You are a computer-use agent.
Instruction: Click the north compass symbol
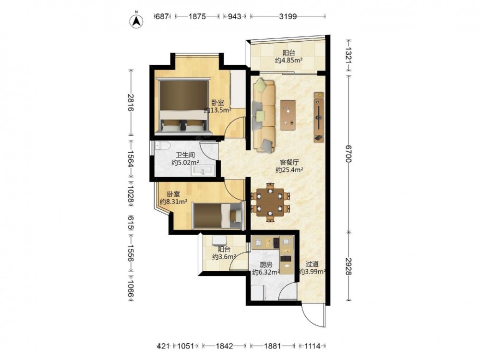tap(137, 20)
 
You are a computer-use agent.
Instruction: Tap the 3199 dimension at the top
tap(288, 16)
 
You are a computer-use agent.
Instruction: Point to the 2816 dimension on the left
tap(131, 103)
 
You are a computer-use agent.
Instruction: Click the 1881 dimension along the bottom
tap(273, 346)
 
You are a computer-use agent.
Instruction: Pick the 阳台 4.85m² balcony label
tap(288, 57)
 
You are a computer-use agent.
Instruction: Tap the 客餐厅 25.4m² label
tap(289, 166)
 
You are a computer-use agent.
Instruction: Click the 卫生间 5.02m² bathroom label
tap(185, 159)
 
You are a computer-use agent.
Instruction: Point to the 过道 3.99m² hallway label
tap(312, 267)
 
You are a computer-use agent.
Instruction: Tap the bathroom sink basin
tap(204, 170)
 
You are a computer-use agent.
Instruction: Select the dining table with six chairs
tap(270, 203)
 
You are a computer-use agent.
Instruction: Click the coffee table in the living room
tap(288, 115)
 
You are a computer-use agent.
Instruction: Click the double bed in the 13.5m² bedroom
tap(183, 106)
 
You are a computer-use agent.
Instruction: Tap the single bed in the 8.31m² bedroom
tap(218, 216)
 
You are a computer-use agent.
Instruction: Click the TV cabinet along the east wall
tap(319, 117)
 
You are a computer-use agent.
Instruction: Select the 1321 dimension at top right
tap(348, 55)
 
